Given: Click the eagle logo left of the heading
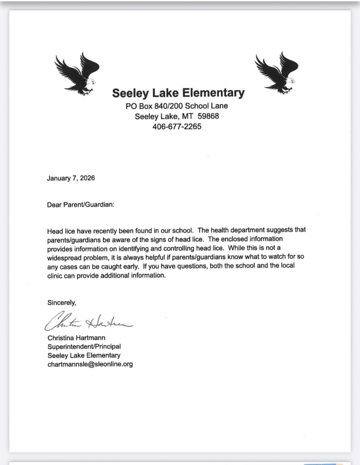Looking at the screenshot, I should [77, 73].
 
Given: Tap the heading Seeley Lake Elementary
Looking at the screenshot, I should [178, 93].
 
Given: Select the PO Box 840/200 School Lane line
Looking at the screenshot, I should [177, 106].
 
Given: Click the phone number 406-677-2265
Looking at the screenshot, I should [177, 127].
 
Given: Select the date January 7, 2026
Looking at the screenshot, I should [71, 178].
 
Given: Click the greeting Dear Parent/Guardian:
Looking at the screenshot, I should [80, 204].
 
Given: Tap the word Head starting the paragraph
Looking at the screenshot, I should [55, 230].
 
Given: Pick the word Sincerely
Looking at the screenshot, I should [61, 302].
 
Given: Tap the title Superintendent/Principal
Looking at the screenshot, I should [84, 346].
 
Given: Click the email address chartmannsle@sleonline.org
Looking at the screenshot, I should [90, 364].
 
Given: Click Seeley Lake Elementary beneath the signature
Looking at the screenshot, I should [84, 355].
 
